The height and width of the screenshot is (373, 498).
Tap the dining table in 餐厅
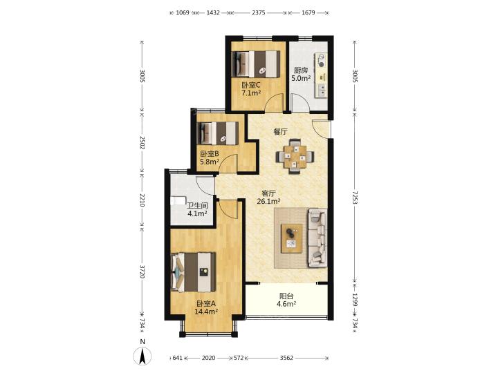click(295, 156)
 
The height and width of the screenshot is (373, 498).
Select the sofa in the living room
click(317, 237)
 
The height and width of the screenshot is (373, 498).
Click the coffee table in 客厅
click(292, 238)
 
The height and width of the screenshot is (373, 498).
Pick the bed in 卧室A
click(194, 272)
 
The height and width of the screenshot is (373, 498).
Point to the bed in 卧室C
click(256, 64)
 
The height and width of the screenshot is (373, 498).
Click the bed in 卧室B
click(218, 133)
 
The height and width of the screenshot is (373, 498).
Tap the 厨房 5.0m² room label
click(301, 74)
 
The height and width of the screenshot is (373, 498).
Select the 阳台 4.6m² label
click(286, 300)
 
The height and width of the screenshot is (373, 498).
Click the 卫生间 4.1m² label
click(197, 210)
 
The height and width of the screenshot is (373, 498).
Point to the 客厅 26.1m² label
click(268, 197)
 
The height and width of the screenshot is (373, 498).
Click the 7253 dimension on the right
click(355, 198)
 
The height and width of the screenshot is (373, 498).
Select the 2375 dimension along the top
click(259, 12)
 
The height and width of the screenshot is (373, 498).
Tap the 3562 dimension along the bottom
click(286, 358)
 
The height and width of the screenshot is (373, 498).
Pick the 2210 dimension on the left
click(142, 200)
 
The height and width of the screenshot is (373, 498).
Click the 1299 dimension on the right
click(355, 299)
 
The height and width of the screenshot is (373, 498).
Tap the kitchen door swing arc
click(301, 102)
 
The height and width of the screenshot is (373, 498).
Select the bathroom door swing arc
click(205, 186)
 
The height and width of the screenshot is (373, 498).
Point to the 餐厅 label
click(281, 132)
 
